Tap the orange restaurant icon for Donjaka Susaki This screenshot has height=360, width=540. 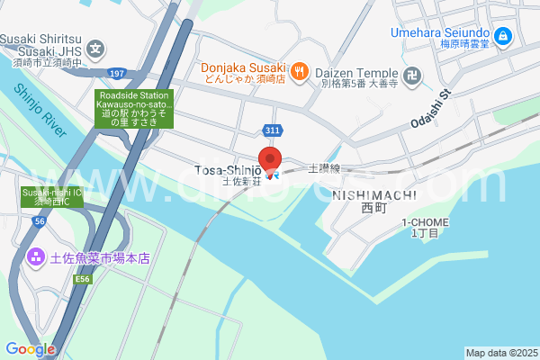click(299, 68)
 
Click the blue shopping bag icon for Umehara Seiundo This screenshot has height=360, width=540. click(502, 36)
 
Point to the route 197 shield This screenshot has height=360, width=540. click(115, 73)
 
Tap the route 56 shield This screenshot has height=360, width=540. click(40, 220)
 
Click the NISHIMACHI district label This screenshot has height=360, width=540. click(373, 194)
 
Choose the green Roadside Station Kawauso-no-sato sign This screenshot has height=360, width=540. click(134, 108)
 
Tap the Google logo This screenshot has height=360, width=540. click(30, 348)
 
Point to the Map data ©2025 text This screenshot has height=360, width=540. click(501, 353)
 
